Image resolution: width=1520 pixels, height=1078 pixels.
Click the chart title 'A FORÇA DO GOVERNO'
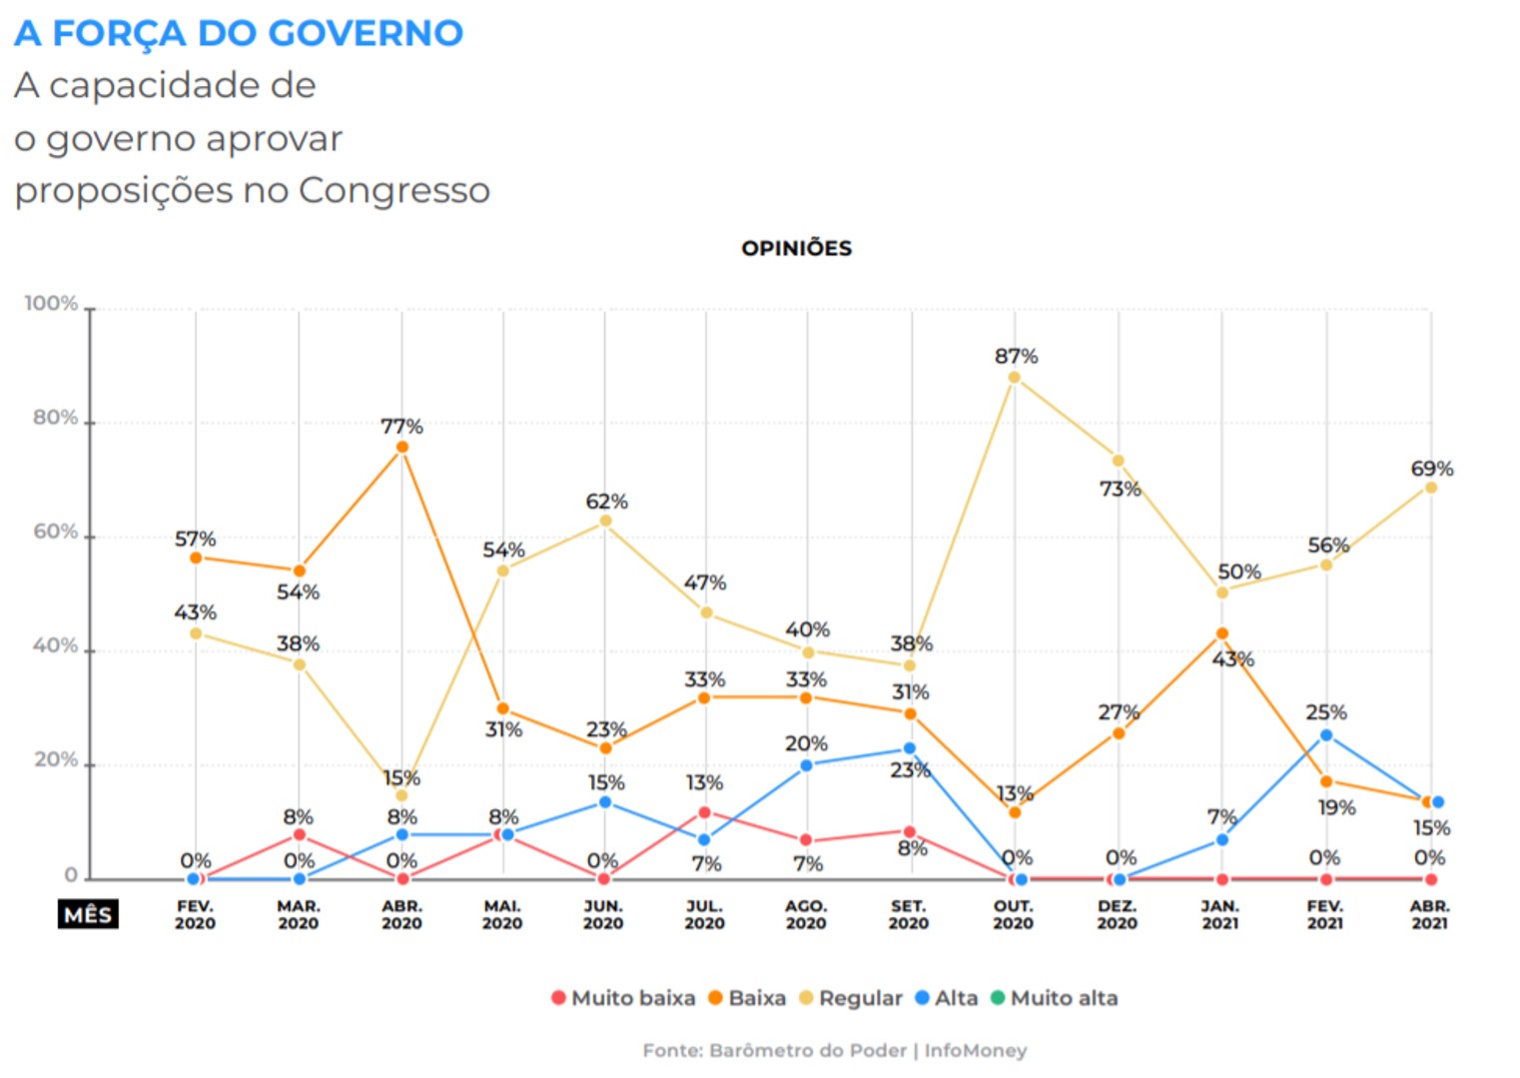click(239, 33)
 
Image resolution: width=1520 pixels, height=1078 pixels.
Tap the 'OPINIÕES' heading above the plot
click(796, 249)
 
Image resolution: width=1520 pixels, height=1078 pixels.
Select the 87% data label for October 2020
click(1016, 357)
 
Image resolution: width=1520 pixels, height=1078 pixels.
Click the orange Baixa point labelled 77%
click(401, 448)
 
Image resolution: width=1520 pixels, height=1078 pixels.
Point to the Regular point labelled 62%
click(605, 521)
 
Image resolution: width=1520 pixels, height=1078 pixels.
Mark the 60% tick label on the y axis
click(56, 533)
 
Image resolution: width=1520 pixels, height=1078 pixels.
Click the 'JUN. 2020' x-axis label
click(603, 914)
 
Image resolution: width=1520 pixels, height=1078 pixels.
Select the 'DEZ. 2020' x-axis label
click(1117, 914)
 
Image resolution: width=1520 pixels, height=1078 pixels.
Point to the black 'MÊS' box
click(88, 914)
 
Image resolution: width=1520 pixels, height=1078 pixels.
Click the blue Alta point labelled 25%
click(1326, 735)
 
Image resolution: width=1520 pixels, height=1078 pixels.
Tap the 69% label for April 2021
click(1431, 469)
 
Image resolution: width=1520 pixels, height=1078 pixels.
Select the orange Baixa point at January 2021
click(1221, 633)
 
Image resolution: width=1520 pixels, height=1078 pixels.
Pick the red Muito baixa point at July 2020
click(704, 812)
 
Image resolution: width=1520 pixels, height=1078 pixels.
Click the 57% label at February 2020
click(195, 539)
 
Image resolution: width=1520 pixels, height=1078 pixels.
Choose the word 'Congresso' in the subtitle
click(393, 191)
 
